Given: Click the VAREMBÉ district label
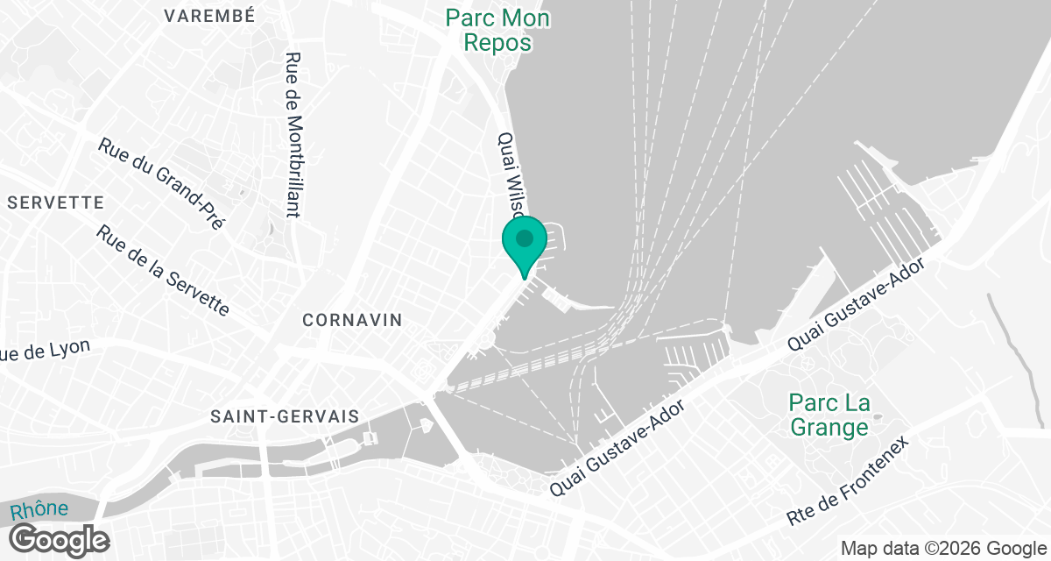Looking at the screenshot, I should click(x=209, y=16).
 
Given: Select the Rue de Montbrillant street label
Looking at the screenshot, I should click(x=293, y=133).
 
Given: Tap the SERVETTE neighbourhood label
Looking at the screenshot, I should click(x=55, y=202).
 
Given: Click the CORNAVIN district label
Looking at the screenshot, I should click(x=352, y=320).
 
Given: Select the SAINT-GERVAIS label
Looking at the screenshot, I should click(x=279, y=417).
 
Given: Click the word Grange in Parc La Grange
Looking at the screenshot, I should click(x=829, y=427).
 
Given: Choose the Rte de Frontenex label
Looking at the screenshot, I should click(x=849, y=481).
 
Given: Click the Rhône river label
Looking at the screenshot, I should click(x=39, y=511).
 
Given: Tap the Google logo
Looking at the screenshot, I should click(x=59, y=539).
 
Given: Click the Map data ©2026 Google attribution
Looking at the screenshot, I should click(x=942, y=549).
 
